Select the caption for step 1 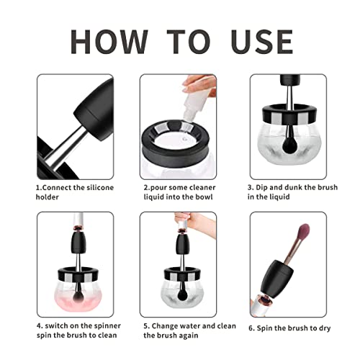[69, 192]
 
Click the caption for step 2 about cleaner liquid [179, 192]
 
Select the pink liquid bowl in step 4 [70, 296]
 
